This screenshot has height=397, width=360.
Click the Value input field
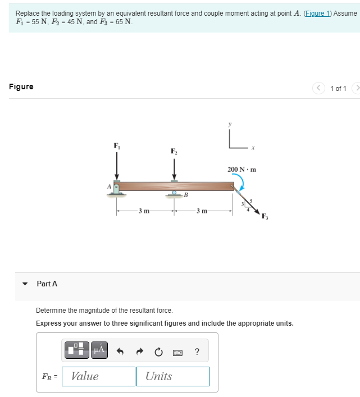point(98,376)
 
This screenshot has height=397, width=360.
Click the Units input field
point(172,376)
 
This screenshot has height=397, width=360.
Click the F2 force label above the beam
point(174,151)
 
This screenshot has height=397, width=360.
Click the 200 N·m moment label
point(241,169)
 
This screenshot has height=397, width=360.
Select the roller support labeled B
point(175,194)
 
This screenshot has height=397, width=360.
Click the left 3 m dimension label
point(144,211)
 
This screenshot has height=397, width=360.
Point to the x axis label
point(253,149)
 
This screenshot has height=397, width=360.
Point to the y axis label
point(229,124)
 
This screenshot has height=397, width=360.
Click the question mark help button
point(197,352)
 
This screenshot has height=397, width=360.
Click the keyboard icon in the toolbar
point(177,352)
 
